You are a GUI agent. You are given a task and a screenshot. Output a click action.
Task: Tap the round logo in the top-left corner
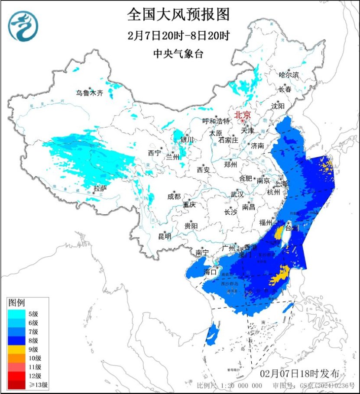click(x=23, y=26)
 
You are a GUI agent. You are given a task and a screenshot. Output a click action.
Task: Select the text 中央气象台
click(x=178, y=54)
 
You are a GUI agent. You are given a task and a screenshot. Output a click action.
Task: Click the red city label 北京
click(x=242, y=115)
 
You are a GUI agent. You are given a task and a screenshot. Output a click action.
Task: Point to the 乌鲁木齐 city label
click(x=90, y=93)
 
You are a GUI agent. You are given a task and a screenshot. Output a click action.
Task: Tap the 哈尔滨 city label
click(x=289, y=75)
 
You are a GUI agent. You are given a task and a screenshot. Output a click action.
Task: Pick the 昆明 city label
click(x=164, y=236)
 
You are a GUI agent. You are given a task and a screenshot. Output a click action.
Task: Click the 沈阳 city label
click(x=278, y=106)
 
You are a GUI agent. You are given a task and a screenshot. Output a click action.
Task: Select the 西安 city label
click(x=203, y=170)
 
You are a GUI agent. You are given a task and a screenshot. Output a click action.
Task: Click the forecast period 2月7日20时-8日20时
click(x=178, y=35)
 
